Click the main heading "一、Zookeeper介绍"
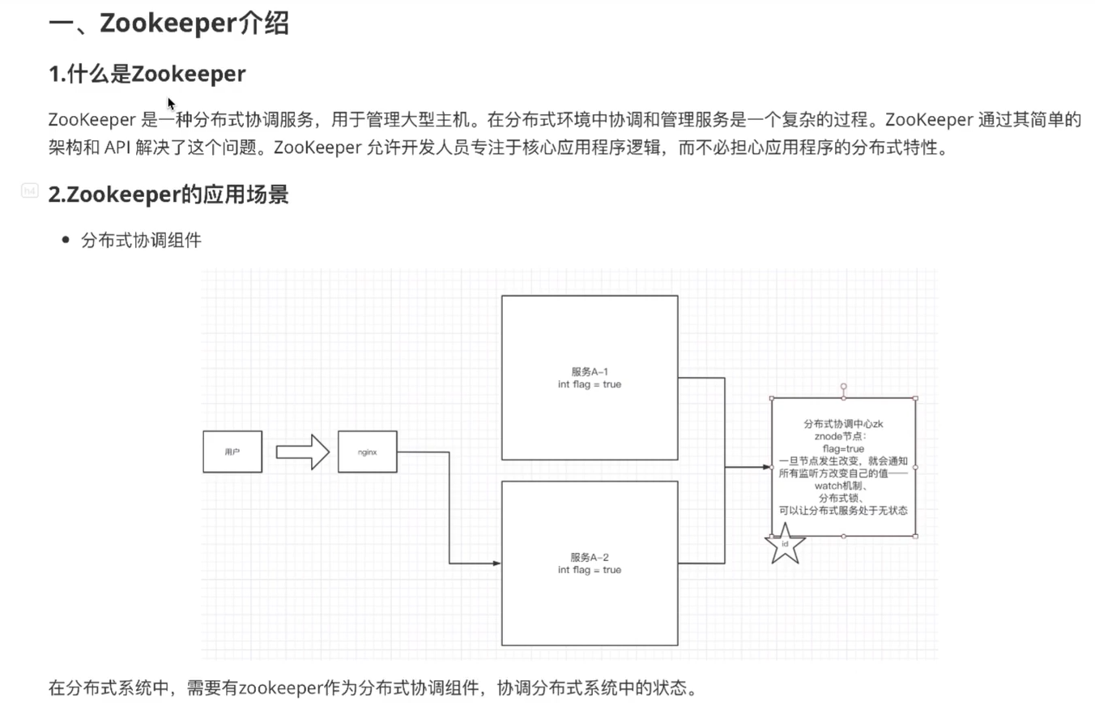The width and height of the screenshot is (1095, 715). (168, 24)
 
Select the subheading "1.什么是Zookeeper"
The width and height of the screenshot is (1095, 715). (147, 74)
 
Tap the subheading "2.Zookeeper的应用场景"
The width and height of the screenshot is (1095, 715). (168, 195)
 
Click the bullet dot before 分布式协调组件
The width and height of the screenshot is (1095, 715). (66, 241)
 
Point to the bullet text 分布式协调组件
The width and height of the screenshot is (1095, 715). (141, 241)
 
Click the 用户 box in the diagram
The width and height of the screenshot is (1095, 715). (232, 452)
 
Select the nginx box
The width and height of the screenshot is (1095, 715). (367, 452)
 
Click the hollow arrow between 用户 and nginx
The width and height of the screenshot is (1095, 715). (302, 452)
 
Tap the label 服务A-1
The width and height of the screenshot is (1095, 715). (590, 371)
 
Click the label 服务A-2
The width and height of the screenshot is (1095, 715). (590, 557)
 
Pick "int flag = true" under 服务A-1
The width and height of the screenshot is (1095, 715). (590, 384)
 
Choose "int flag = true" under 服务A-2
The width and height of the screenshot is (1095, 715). (590, 570)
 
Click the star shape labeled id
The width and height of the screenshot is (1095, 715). (785, 546)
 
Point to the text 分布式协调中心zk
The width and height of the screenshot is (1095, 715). (843, 424)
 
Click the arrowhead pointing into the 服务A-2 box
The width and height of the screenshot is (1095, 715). (496, 563)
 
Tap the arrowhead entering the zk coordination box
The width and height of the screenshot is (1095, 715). (765, 467)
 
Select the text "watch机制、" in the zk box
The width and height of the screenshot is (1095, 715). (843, 486)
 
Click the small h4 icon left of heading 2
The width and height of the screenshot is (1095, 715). (30, 191)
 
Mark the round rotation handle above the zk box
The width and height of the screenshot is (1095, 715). (844, 387)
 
